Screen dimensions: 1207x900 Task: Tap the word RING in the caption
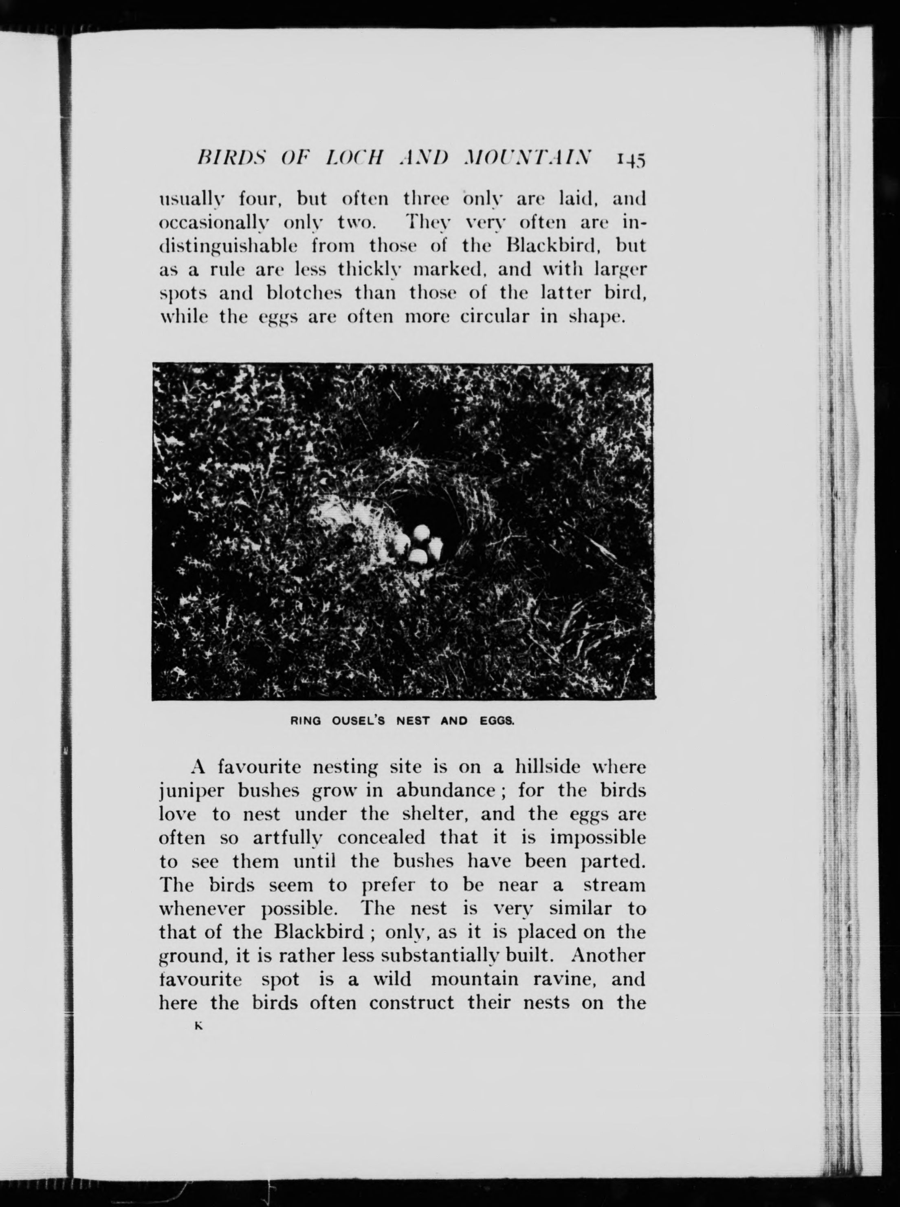(x=306, y=721)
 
